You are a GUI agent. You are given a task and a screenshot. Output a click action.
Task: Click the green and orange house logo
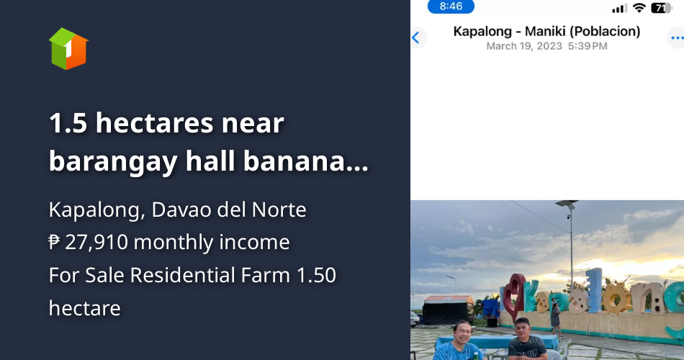[68, 49]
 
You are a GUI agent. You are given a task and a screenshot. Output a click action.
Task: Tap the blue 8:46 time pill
[451, 6]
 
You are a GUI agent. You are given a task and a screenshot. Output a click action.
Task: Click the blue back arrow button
[416, 38]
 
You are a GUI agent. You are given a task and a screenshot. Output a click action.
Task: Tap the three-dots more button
[675, 38]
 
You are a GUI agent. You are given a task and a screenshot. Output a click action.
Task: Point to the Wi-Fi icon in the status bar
[639, 8]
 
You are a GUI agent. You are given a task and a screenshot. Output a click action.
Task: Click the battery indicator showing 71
[661, 8]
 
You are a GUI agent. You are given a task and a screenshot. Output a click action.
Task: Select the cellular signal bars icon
[619, 9]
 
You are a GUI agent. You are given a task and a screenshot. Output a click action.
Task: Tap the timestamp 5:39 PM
[588, 46]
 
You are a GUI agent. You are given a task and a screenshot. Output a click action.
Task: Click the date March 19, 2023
[521, 46]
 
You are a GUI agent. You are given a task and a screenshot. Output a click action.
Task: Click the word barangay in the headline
[112, 162]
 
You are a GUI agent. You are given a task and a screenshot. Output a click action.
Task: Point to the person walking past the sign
[555, 317]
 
